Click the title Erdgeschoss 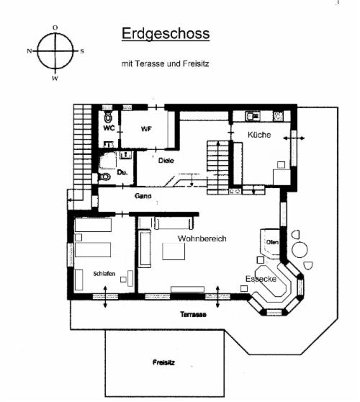point(166,34)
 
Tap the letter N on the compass point(30,51)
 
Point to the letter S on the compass point(82,51)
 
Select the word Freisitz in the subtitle point(196,63)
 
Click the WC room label point(109,128)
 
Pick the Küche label point(259,135)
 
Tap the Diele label point(166,161)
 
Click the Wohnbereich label point(202,238)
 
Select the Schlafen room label point(104,274)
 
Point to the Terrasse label point(193,314)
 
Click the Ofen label point(272,242)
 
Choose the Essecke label point(261,279)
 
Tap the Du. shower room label point(122,172)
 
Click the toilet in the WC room point(108,117)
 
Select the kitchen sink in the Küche point(253,116)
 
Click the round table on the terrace point(300,249)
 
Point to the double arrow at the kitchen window point(294,138)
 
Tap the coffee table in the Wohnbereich point(174,251)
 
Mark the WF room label point(145,129)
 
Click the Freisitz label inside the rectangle point(163,362)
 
